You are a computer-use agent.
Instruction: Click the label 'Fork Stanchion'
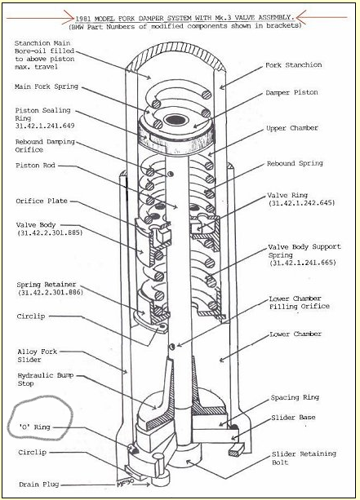pos(293,65)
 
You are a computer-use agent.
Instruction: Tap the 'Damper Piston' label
pos(291,92)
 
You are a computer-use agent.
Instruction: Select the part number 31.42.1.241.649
pos(45,126)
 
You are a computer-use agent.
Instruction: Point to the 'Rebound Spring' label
pos(295,163)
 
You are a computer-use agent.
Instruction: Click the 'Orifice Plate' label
pos(42,201)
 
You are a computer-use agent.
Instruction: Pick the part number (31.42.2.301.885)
pos(50,232)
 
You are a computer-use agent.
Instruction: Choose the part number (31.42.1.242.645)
pos(301,203)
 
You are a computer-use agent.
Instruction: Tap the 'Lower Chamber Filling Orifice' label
pos(299,303)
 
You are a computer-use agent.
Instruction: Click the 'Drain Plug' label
pos(39,485)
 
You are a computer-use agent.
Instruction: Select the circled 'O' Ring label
pos(35,427)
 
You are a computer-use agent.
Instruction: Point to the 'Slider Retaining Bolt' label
pos(304,458)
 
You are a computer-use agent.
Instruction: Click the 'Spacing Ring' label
pos(295,397)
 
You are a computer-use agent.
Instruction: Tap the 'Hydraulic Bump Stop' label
pos(46,379)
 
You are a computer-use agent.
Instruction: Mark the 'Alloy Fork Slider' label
pos(37,356)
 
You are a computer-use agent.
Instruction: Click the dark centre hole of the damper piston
pos(175,120)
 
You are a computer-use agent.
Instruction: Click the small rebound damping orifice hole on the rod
pos(171,174)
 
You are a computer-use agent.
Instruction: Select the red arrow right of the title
pos(322,17)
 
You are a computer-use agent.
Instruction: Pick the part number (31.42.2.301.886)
pos(50,292)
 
